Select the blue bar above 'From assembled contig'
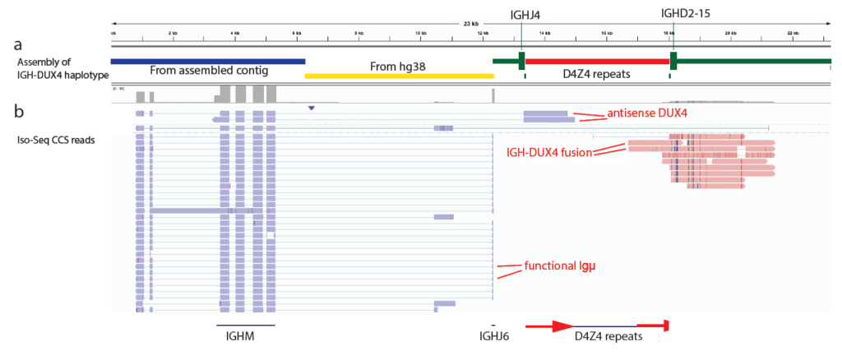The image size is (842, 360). click(x=207, y=61)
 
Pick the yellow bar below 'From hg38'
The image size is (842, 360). click(x=398, y=75)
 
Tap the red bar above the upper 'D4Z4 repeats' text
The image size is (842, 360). click(x=596, y=61)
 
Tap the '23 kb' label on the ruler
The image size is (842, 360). click(x=470, y=24)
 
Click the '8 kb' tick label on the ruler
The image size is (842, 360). click(x=358, y=33)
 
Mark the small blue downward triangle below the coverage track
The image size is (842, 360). click(x=310, y=108)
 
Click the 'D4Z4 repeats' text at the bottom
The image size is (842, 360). click(x=608, y=336)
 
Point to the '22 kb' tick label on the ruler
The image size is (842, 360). click(x=792, y=33)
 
